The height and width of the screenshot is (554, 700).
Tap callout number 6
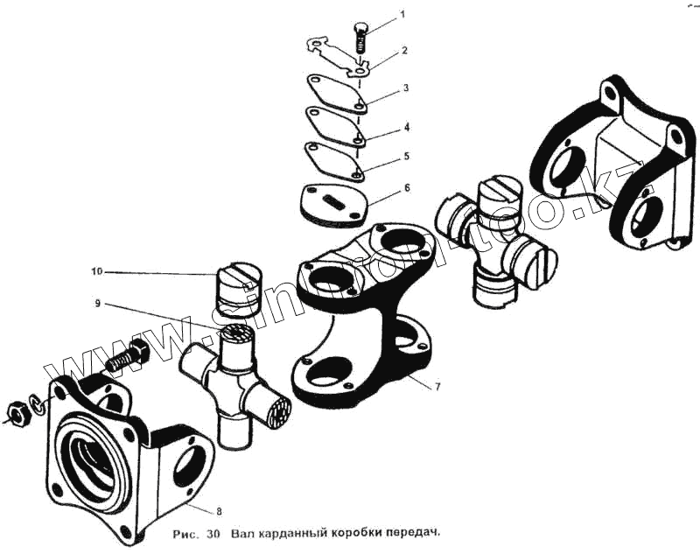(x=405, y=188)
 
